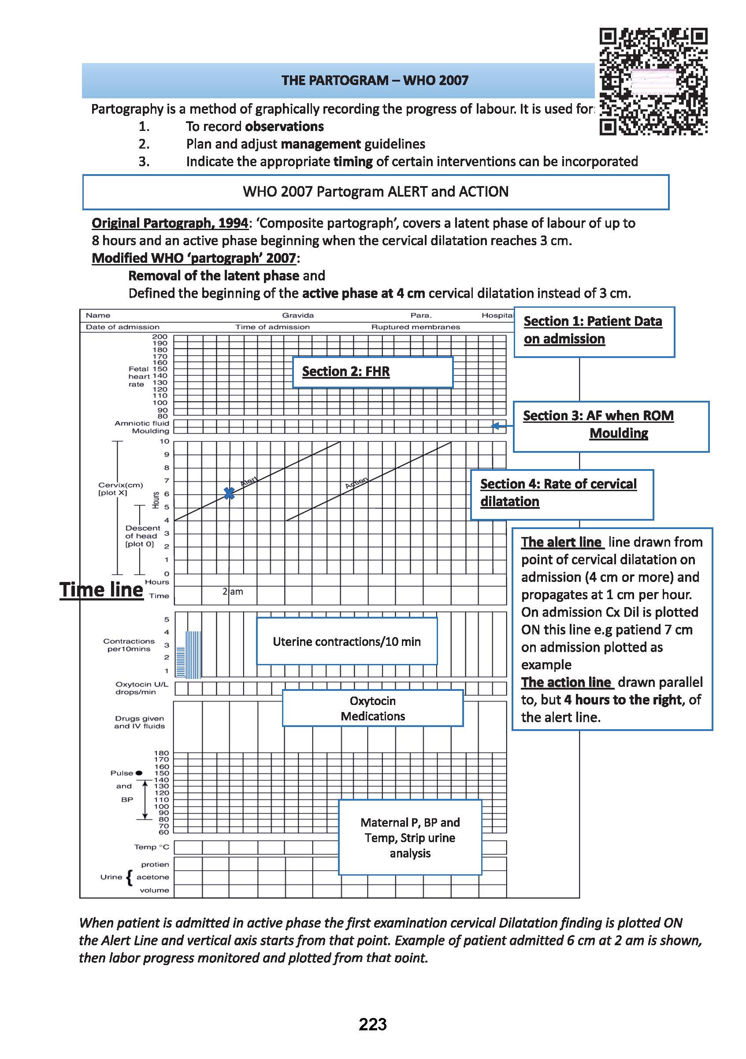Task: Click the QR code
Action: pos(653,82)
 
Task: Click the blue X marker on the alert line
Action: pos(229,493)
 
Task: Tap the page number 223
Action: pos(372,1024)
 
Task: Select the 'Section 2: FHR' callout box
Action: pos(372,372)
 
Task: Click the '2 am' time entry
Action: pos(233,592)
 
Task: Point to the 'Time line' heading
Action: pos(101,590)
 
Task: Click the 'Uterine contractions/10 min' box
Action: pos(347,641)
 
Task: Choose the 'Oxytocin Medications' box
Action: pos(372,708)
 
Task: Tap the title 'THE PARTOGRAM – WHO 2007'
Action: pos(375,81)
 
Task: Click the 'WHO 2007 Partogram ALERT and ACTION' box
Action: pos(375,192)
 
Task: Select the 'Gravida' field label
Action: pos(298,316)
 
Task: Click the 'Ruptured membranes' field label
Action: pos(416,327)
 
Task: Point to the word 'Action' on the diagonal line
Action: pos(356,482)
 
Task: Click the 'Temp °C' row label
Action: pos(152,847)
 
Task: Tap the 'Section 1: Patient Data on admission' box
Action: pos(594,332)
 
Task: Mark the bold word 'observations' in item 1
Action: pos(285,127)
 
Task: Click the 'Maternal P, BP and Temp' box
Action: pos(410,837)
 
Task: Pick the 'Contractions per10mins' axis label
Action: pos(129,645)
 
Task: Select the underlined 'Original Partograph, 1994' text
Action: pos(170,223)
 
